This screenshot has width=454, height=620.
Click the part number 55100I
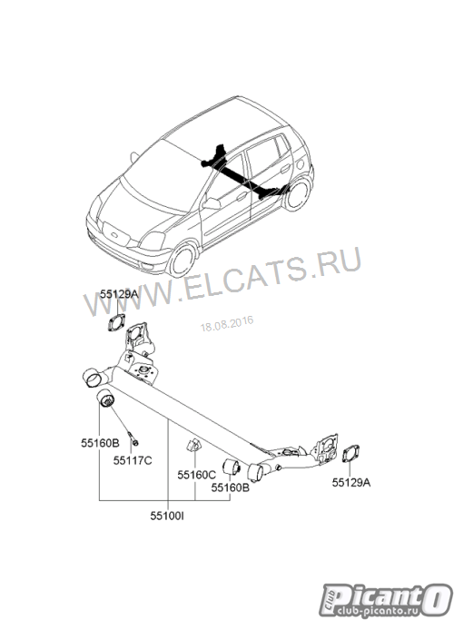pyautogui.click(x=167, y=516)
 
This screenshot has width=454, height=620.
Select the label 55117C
pyautogui.click(x=133, y=460)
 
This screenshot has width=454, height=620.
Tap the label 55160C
pyautogui.click(x=196, y=475)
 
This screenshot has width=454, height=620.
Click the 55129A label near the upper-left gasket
pyautogui.click(x=119, y=294)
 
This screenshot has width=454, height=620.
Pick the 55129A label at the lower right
pyautogui.click(x=351, y=482)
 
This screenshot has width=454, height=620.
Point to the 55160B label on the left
pyautogui.click(x=100, y=443)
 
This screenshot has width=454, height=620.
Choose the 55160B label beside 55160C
pyautogui.click(x=230, y=487)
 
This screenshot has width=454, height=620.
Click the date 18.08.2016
pyautogui.click(x=227, y=324)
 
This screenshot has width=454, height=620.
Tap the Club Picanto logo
pyautogui.click(x=386, y=600)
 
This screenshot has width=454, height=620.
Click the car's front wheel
pyautogui.click(x=183, y=260)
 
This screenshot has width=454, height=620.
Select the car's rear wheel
pyautogui.click(x=298, y=194)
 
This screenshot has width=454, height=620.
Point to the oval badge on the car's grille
pyautogui.click(x=114, y=235)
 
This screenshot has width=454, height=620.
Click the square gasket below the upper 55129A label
pyautogui.click(x=116, y=321)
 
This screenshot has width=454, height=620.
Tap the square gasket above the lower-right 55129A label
pyautogui.click(x=350, y=453)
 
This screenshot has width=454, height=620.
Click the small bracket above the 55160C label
pyautogui.click(x=193, y=445)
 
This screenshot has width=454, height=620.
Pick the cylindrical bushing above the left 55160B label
pyautogui.click(x=105, y=399)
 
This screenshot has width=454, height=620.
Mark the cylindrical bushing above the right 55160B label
pyautogui.click(x=232, y=467)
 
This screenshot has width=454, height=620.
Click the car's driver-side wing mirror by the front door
pyautogui.click(x=212, y=203)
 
